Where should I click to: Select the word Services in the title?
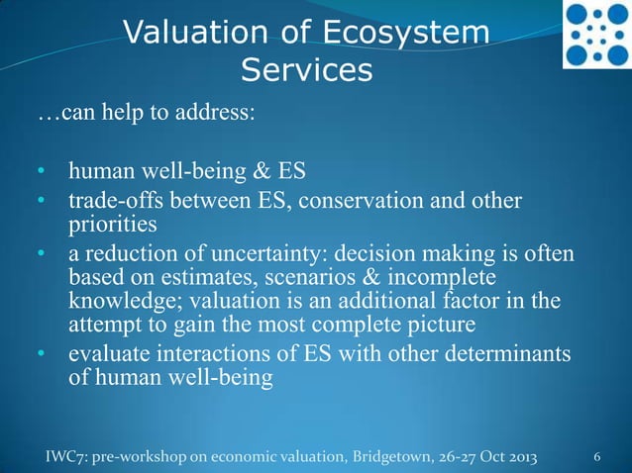click(x=307, y=70)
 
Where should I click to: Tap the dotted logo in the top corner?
click(x=596, y=35)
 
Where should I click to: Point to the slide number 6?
click(x=596, y=458)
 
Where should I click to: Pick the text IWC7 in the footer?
click(x=66, y=458)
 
